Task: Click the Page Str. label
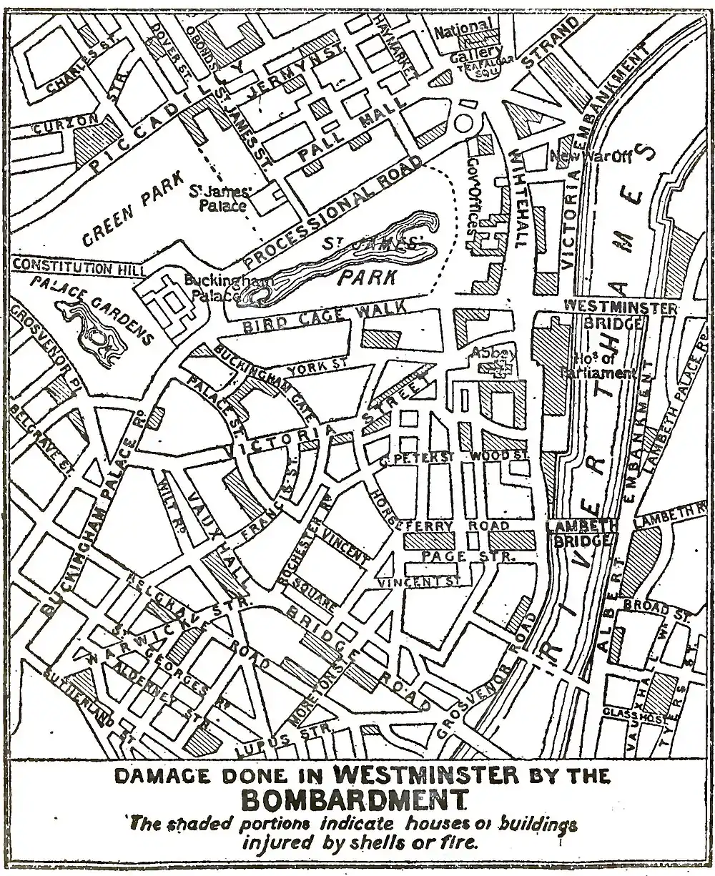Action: coord(455,556)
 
